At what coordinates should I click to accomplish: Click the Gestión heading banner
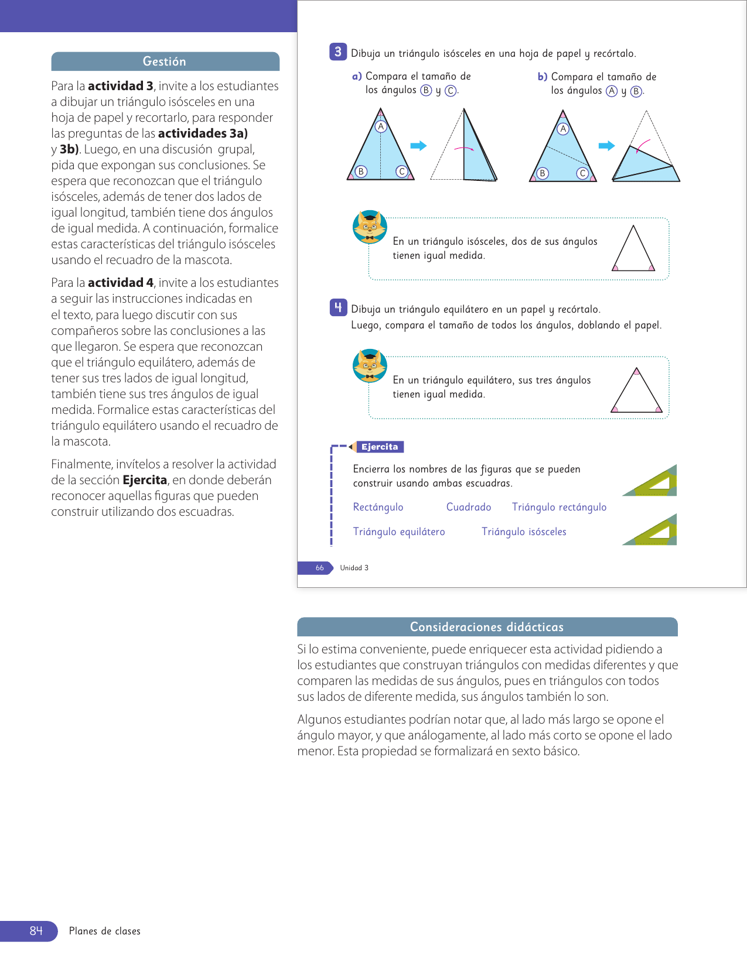165,61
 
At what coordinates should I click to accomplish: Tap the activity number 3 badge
338,52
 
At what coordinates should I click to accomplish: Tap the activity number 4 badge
338,307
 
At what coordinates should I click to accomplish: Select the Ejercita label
380,447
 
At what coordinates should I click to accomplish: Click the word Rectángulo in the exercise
378,507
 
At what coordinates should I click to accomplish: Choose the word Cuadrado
469,507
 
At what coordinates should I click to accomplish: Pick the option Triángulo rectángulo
559,507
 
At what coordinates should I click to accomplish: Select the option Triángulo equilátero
399,532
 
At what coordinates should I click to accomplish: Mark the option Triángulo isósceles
524,532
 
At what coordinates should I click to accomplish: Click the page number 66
319,568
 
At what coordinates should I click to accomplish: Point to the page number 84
36,931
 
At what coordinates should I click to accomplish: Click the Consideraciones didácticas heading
487,627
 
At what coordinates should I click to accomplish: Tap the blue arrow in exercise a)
418,146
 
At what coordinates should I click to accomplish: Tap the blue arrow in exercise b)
606,146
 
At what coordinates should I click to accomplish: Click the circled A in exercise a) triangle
381,126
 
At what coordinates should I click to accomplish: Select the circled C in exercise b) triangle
582,173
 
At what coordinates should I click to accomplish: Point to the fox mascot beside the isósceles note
370,227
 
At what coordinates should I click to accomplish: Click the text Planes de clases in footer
105,931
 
